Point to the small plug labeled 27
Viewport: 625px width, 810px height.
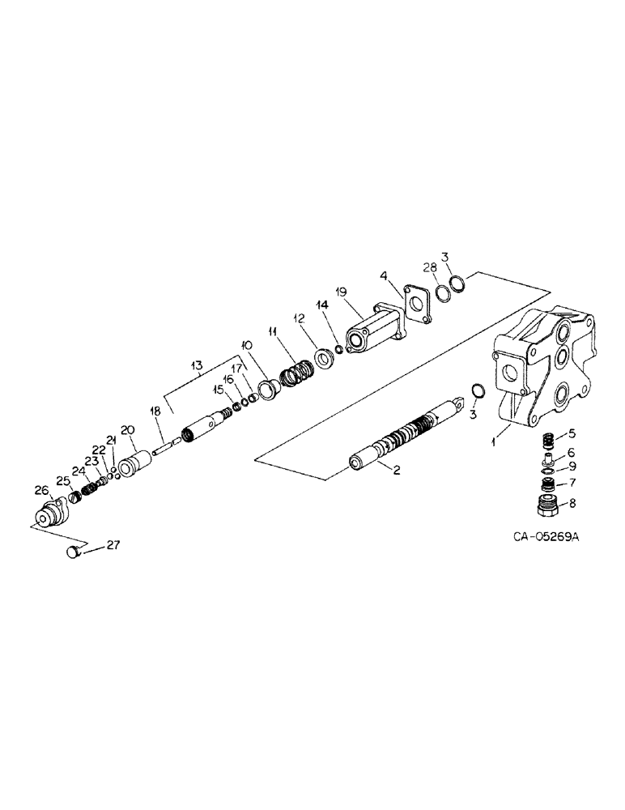(x=72, y=552)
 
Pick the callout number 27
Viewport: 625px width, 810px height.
(x=112, y=545)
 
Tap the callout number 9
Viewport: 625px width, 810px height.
(x=574, y=467)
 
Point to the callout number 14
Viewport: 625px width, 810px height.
(x=322, y=305)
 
